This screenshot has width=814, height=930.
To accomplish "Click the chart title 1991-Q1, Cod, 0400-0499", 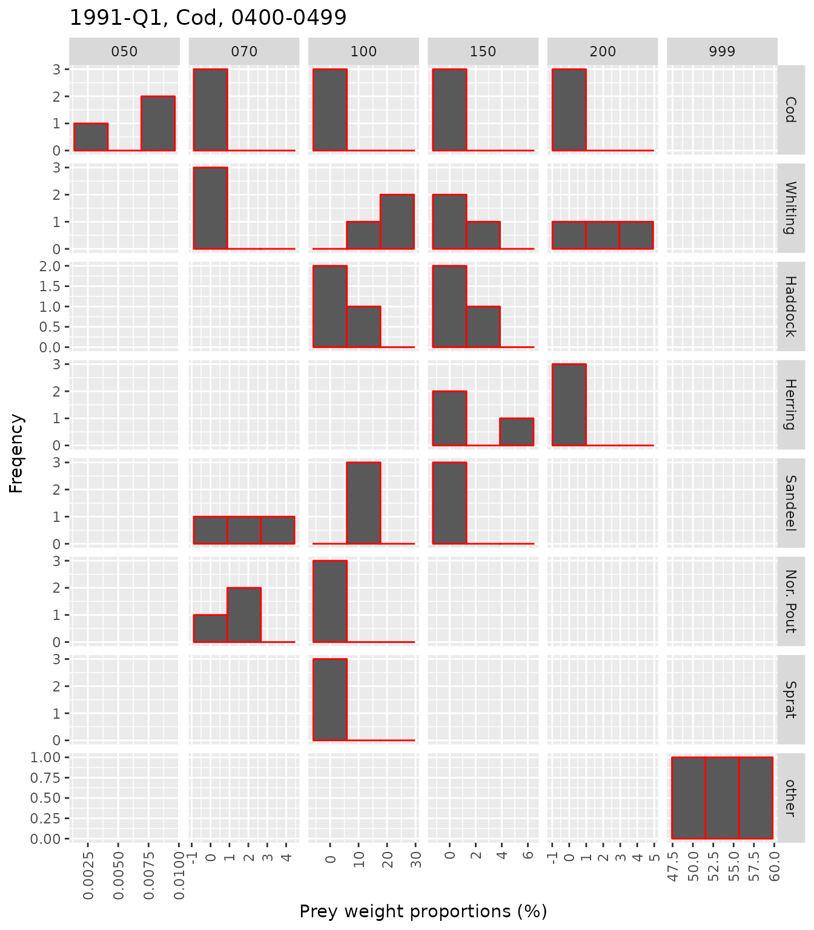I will pos(208,18).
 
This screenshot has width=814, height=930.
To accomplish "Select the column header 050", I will pos(124,51).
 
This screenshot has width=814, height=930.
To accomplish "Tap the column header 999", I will pos(722,51).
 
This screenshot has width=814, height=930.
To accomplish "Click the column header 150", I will pos(483,51).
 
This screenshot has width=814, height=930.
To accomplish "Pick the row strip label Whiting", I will pos(790,208).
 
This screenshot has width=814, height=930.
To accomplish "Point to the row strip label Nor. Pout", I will pos(790,601).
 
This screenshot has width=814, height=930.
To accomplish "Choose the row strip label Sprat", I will pos(790,699).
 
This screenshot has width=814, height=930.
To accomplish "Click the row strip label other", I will pos(790,797).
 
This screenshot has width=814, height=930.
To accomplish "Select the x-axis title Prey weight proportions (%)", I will pos(423,911).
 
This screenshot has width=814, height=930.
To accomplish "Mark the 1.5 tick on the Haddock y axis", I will pos(54,286).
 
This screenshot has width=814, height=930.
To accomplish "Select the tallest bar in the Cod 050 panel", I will pos(158,123).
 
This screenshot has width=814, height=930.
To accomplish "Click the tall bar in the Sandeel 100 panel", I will pos(363,503).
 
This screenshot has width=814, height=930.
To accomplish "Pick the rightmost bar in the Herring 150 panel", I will pos(517,432).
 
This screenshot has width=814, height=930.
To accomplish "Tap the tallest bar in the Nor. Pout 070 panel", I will pos(244,615).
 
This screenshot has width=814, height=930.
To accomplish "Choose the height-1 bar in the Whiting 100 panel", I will pos(363,235).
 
